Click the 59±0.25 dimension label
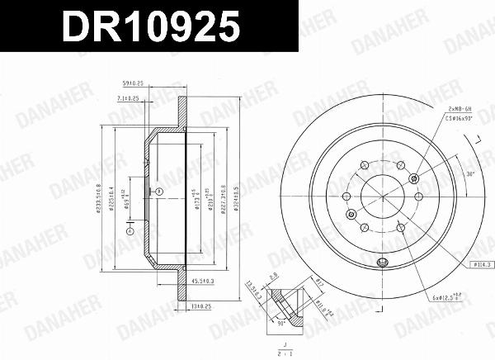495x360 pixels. point(134,82)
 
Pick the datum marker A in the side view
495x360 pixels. point(129,232)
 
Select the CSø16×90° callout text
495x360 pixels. point(460,119)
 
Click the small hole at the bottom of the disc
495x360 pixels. point(381,264)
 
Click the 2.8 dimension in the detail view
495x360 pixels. point(273,279)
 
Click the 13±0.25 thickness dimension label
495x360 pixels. point(202,306)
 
